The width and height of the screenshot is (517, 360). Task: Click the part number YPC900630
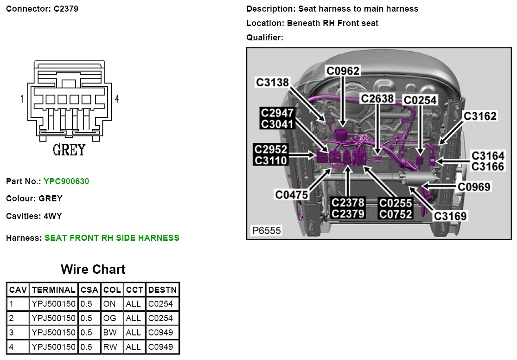pyautogui.click(x=66, y=181)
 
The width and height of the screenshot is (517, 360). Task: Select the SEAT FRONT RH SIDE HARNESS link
pyautogui.click(x=112, y=238)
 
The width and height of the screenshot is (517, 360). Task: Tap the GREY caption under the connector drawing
pyautogui.click(x=69, y=150)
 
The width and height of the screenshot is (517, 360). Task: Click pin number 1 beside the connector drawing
pyautogui.click(x=22, y=99)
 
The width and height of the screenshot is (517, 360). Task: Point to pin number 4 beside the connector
pyautogui.click(x=117, y=99)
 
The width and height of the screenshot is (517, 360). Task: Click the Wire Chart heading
pyautogui.click(x=93, y=270)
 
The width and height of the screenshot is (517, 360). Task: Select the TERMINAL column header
pyautogui.click(x=54, y=290)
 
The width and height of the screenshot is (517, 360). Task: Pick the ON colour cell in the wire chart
pyautogui.click(x=112, y=304)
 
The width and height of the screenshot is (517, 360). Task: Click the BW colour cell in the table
pyautogui.click(x=112, y=333)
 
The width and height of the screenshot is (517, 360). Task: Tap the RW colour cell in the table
pyautogui.click(x=112, y=347)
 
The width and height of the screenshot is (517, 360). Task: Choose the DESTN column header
pyautogui.click(x=162, y=290)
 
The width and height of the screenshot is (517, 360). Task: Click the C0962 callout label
pyautogui.click(x=343, y=71)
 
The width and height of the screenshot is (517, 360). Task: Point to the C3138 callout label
pyautogui.click(x=273, y=83)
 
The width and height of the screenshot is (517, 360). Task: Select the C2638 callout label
pyautogui.click(x=377, y=98)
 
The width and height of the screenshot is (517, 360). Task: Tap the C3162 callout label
pyautogui.click(x=480, y=116)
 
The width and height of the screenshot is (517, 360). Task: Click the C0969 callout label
pyautogui.click(x=474, y=186)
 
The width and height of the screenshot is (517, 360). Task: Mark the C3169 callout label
pyautogui.click(x=450, y=216)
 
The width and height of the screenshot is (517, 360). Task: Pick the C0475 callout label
pyautogui.click(x=292, y=195)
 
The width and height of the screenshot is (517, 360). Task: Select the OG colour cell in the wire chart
pyautogui.click(x=112, y=318)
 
